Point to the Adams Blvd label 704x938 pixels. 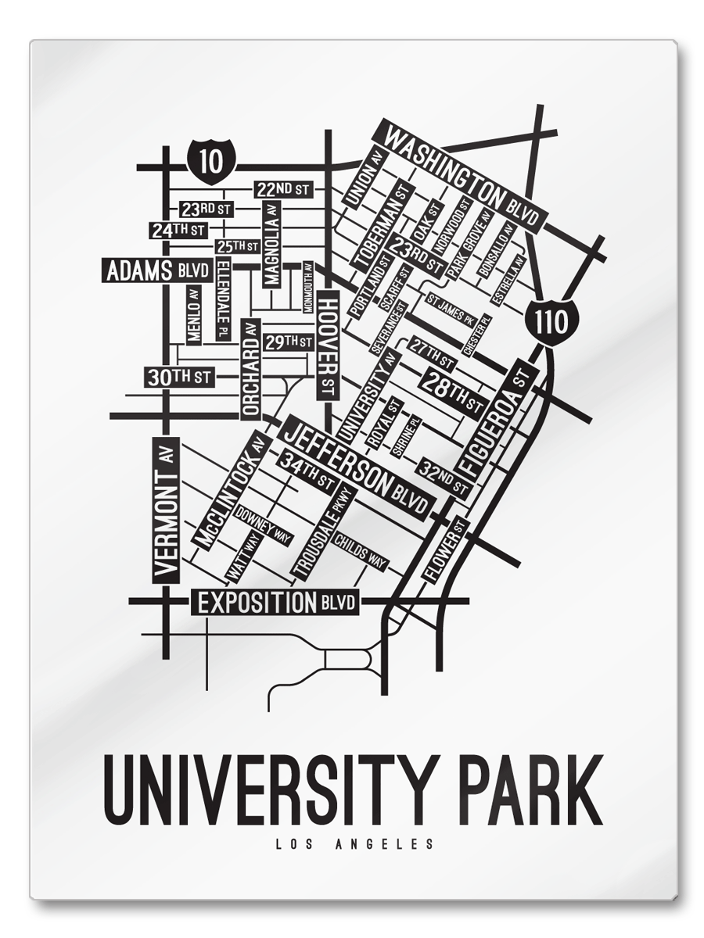(157, 271)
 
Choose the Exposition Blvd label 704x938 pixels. (278, 603)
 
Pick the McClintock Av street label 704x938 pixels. (231, 492)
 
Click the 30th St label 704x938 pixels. (179, 377)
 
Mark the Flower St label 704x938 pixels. (445, 550)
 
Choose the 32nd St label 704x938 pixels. (444, 475)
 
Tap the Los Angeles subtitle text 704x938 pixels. (354, 844)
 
